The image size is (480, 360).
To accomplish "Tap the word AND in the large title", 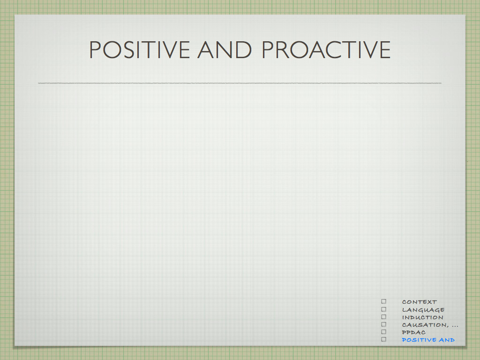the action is [225, 50].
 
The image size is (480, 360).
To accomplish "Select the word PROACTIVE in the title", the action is [326, 50].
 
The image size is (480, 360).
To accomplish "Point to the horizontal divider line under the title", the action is [240, 83].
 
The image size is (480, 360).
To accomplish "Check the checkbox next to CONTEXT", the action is [383, 301].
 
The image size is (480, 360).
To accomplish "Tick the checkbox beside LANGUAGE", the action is [383, 309].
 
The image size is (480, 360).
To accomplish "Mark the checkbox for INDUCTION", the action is [383, 317].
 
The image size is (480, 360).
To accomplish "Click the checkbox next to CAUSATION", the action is [383, 324].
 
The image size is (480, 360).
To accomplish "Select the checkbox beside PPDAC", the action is [383, 332].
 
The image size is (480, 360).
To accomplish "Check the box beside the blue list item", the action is [383, 339].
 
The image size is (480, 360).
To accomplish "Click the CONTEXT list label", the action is [420, 302].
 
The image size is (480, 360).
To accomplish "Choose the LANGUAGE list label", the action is [423, 310].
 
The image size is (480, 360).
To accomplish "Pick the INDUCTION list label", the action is [422, 317].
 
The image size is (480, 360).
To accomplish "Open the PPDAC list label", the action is [413, 332].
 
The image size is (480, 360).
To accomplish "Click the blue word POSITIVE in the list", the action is [419, 340].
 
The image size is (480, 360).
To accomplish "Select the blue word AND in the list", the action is [447, 340].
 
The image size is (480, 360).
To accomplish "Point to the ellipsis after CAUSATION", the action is [455, 326].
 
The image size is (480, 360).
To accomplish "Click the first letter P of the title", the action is [95, 50].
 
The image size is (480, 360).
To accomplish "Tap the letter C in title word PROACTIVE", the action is [333, 50].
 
